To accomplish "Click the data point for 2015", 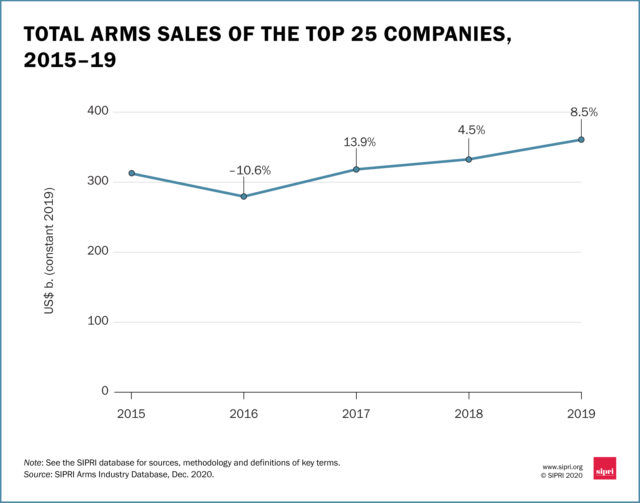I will [132, 173].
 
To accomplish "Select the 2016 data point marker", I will [244, 196].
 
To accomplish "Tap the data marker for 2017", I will [356, 169].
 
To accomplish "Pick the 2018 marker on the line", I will [469, 160].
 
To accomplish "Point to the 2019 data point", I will [581, 140].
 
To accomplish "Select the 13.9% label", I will [359, 142].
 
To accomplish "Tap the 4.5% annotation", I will [471, 130].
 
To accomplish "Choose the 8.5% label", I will [584, 112].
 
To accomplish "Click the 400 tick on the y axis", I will [98, 111].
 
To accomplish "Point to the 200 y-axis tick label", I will [98, 251].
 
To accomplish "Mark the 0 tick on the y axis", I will [105, 391].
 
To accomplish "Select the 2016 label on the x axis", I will [244, 414].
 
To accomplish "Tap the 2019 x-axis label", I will [581, 414].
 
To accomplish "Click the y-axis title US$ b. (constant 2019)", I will [49, 251].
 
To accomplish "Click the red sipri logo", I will [605, 468].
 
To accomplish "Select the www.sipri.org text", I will [562, 467].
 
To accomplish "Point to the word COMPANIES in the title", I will [447, 34].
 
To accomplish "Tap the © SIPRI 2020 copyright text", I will [562, 476].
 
